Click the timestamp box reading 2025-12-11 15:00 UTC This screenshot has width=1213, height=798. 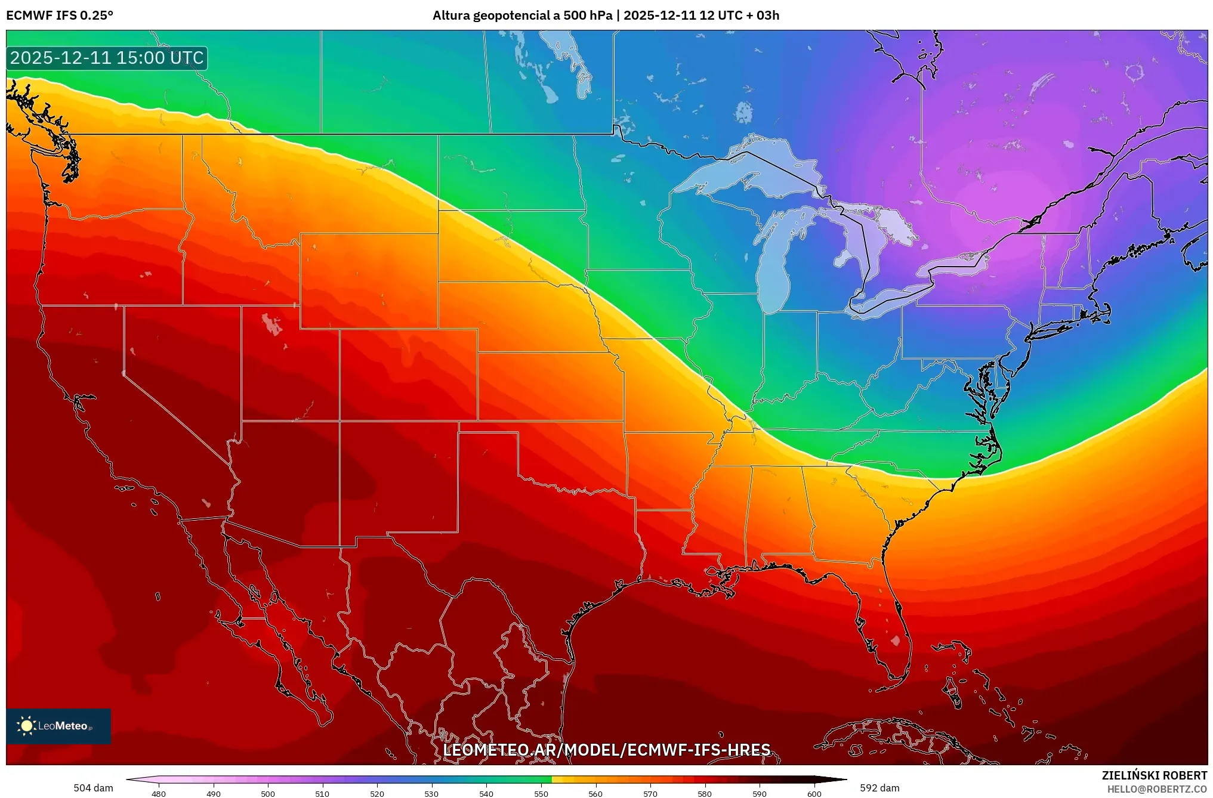coord(107,58)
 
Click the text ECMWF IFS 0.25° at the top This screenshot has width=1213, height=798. coord(60,16)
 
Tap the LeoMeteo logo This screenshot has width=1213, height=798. coord(58,726)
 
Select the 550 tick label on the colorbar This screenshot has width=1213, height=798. coord(541,794)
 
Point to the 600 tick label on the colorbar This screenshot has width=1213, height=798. coord(814,794)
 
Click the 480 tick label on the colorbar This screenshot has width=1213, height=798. coord(159,794)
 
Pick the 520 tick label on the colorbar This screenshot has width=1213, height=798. coord(377,794)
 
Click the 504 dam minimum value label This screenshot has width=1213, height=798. coord(93,788)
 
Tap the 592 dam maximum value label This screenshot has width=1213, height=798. coord(879,788)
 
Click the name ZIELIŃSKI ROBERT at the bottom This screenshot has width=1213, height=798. coord(1154,775)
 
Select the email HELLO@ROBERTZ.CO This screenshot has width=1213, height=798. coord(1156,789)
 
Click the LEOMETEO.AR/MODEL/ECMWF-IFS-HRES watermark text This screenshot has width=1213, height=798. coord(606,750)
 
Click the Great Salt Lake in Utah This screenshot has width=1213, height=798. coord(272,324)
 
